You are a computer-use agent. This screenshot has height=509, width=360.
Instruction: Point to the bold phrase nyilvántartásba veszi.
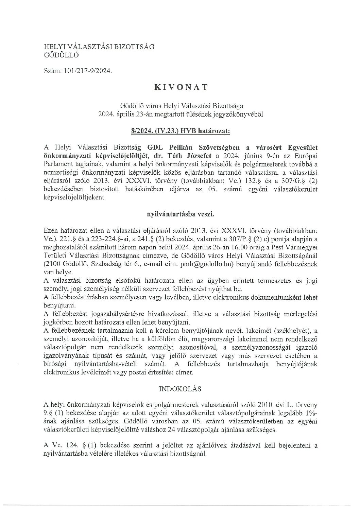point(180,214)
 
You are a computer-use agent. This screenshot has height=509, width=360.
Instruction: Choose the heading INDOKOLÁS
point(180,388)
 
